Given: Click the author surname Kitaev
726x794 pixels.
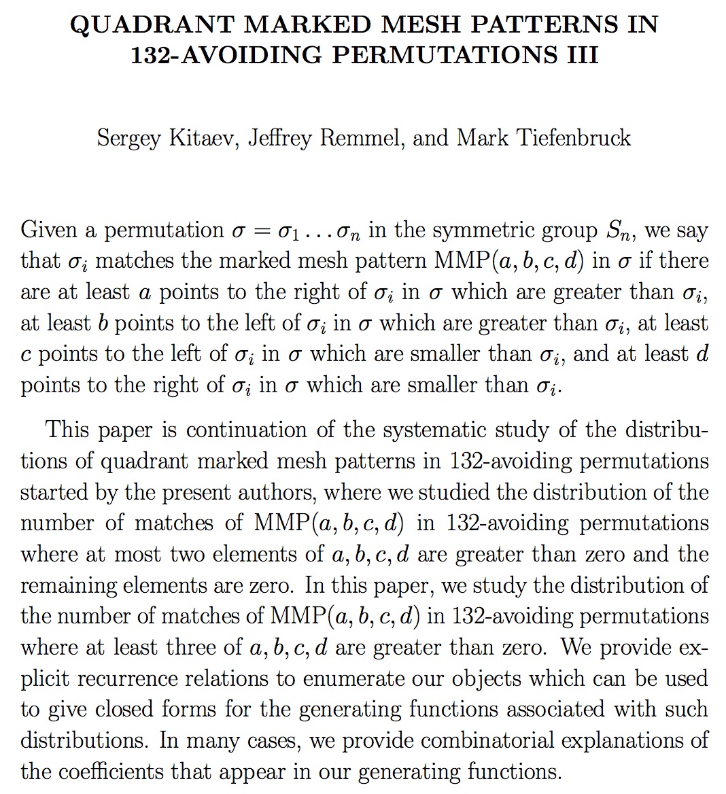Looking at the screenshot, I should [199, 138].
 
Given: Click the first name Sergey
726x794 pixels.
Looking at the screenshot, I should [129, 138].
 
